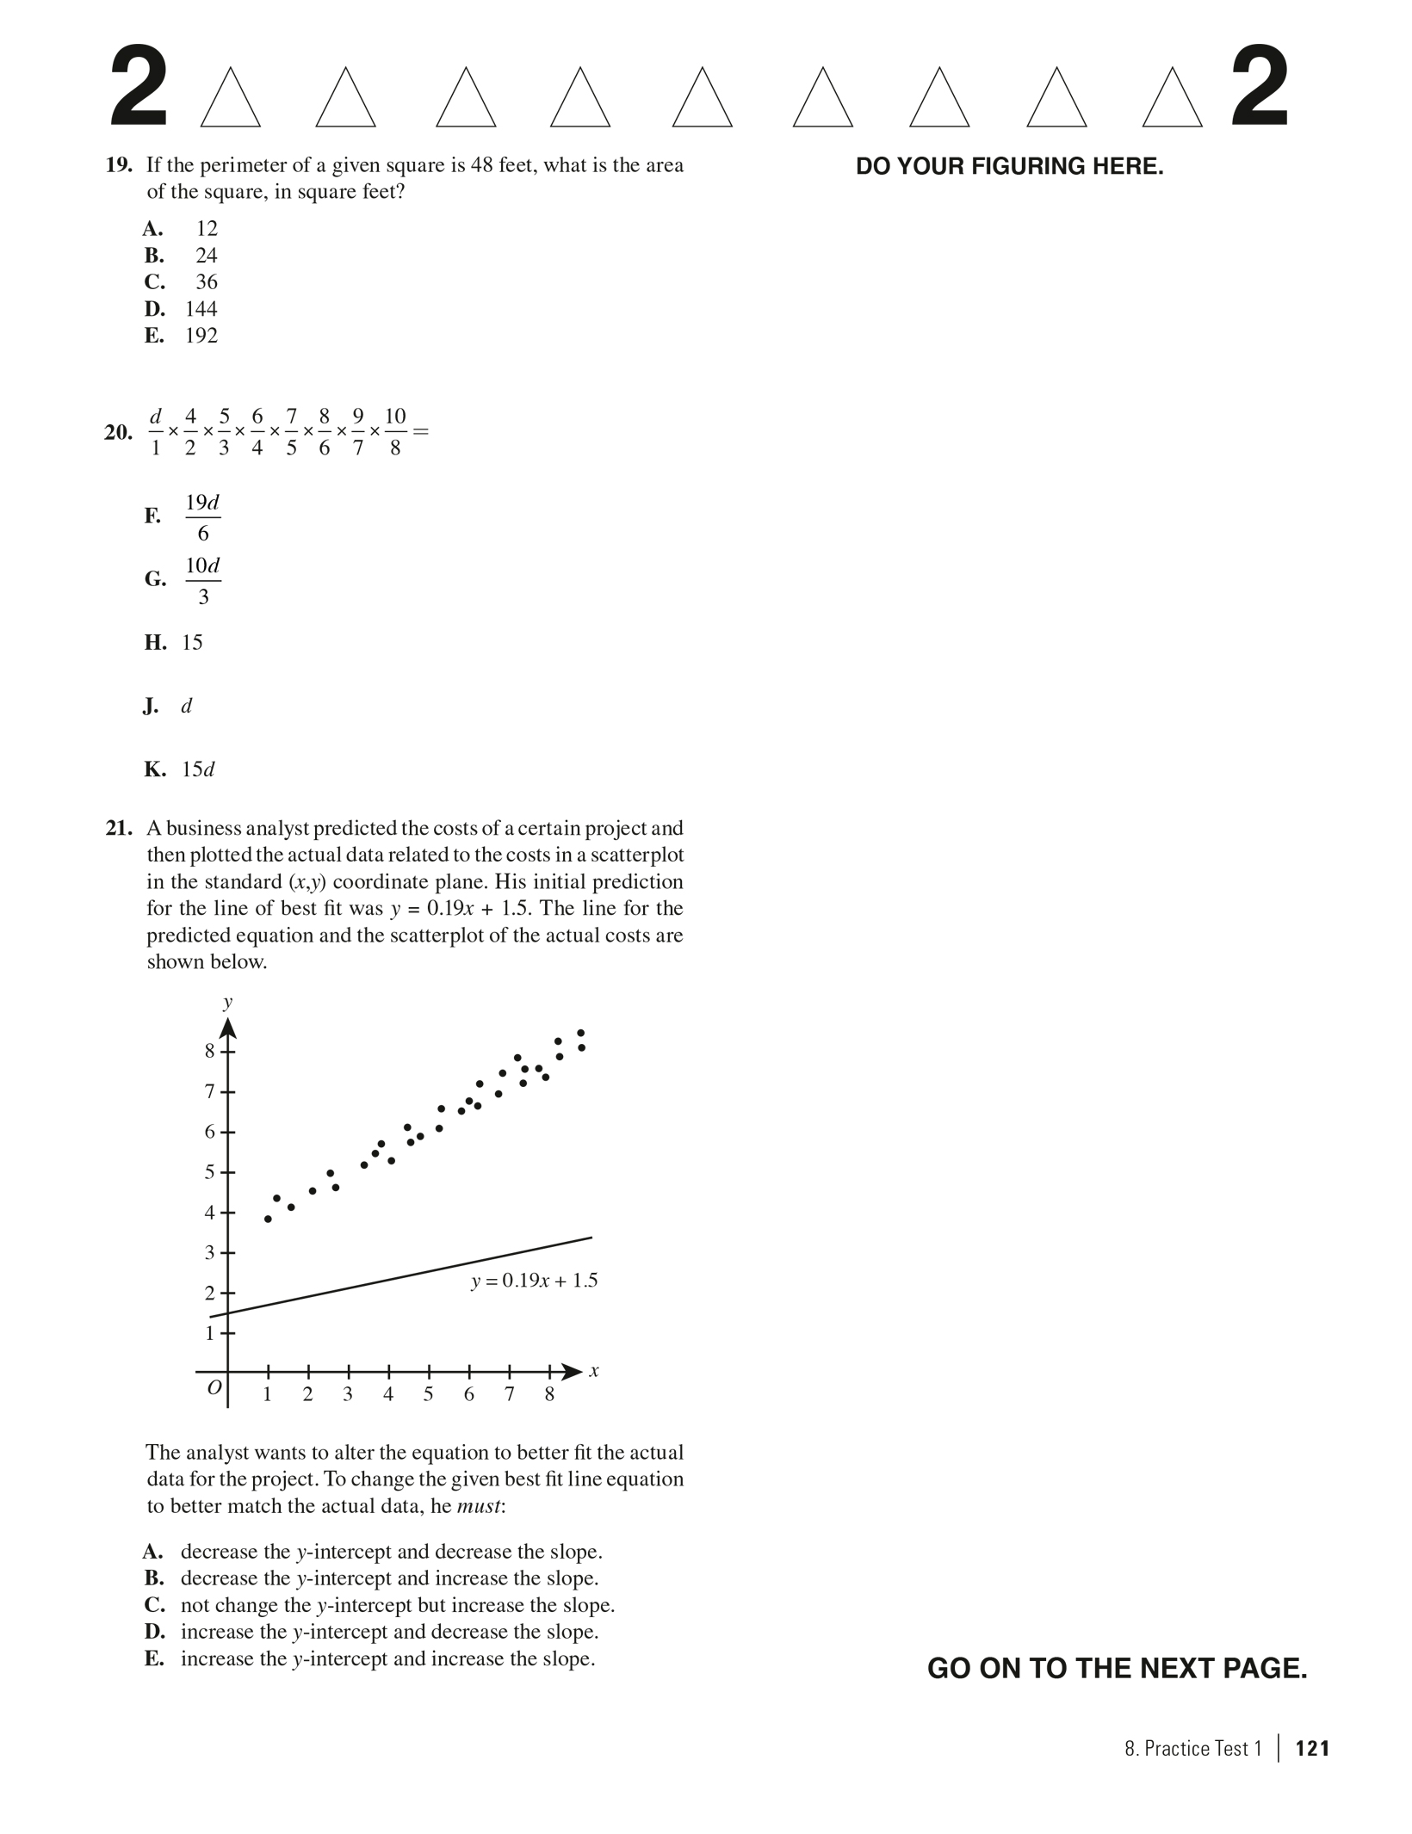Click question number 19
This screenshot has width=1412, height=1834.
(118, 165)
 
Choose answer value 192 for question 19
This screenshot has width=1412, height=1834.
(201, 336)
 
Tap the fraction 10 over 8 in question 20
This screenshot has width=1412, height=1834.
(394, 432)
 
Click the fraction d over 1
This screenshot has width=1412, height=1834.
(156, 432)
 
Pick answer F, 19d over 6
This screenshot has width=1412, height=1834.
(202, 517)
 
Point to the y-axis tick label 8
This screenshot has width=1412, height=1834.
(209, 1050)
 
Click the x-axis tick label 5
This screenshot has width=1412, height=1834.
(428, 1395)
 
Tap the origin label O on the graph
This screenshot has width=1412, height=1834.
(214, 1386)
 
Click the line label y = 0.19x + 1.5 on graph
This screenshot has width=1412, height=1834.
(534, 1281)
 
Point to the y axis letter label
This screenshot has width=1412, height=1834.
(227, 1002)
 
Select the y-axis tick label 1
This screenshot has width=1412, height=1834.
(209, 1333)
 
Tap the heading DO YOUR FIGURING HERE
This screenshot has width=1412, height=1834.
(1009, 167)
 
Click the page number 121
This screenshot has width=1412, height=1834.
(1312, 1748)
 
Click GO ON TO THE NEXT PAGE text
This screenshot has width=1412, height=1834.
(1117, 1668)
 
